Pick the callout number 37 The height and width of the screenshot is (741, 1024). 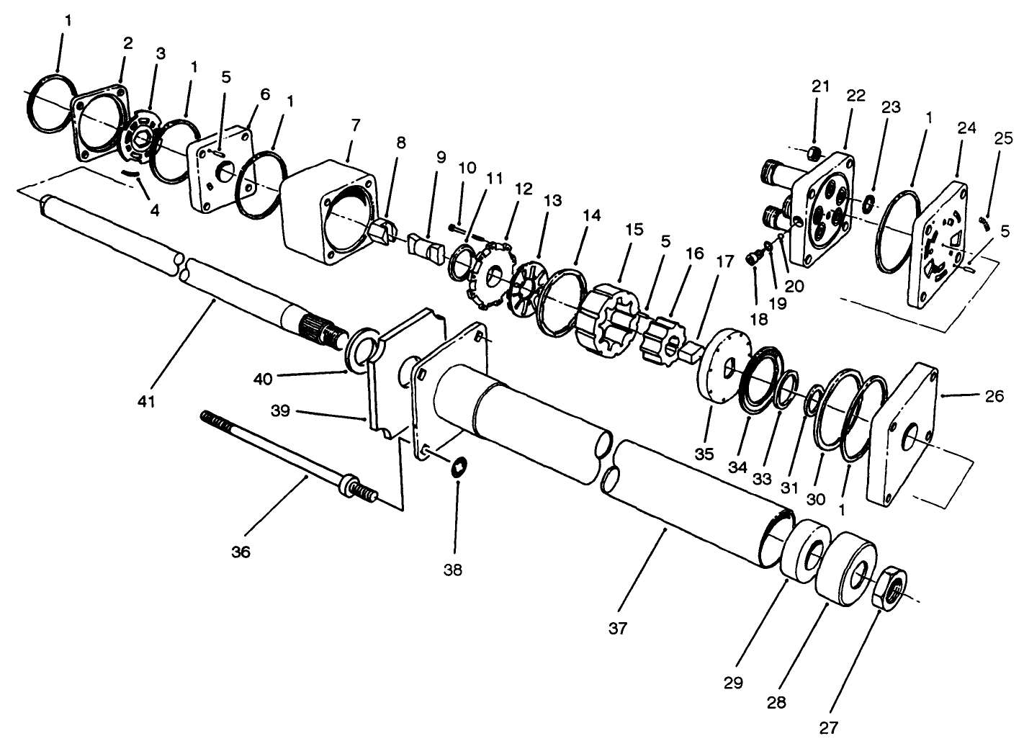click(x=617, y=627)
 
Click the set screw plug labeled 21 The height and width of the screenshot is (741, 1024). click(x=815, y=152)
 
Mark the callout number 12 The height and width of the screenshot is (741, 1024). click(x=524, y=189)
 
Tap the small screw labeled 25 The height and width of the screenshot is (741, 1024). click(x=985, y=222)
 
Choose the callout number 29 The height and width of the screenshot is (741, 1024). click(x=733, y=682)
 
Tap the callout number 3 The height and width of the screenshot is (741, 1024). click(x=161, y=53)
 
